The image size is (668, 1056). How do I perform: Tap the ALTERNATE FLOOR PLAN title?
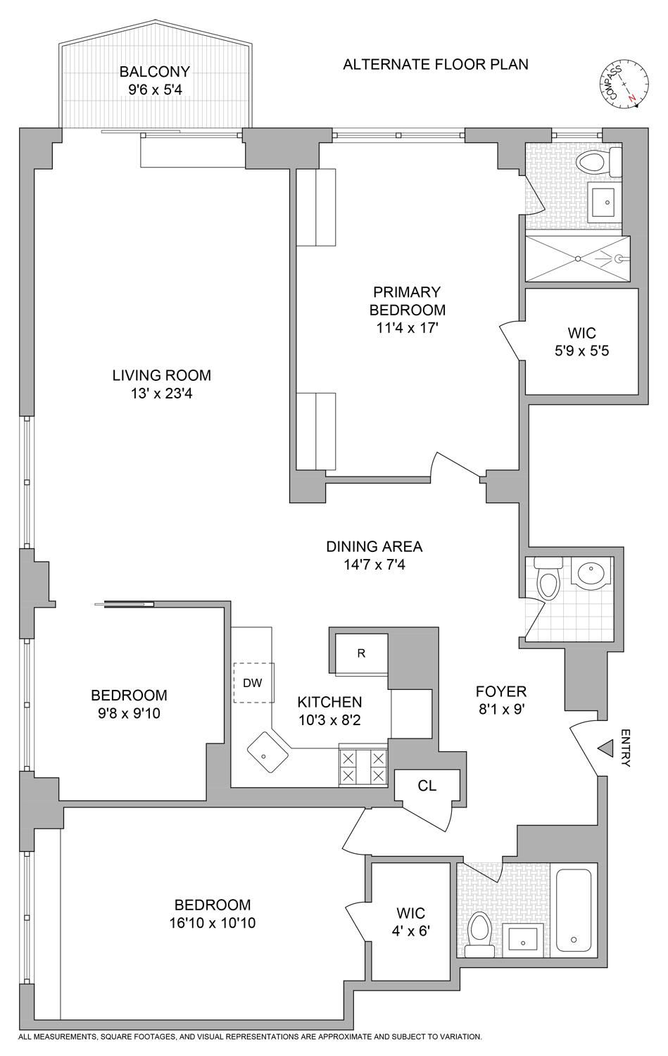(x=435, y=65)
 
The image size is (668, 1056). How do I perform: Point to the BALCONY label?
(x=154, y=72)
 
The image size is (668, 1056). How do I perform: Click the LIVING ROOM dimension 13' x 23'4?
(x=161, y=394)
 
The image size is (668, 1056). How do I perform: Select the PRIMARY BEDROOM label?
(x=407, y=301)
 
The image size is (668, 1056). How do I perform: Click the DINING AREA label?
(x=374, y=546)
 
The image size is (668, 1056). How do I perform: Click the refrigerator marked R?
(x=362, y=653)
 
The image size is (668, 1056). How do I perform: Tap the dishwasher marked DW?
(x=253, y=683)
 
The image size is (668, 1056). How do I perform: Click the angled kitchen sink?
(x=267, y=753)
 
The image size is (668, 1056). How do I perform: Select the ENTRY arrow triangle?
(x=605, y=748)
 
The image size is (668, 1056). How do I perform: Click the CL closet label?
(x=427, y=786)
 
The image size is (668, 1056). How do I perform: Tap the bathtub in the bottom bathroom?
(x=576, y=910)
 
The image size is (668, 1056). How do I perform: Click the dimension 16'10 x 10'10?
(x=212, y=922)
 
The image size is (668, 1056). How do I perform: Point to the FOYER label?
(x=500, y=691)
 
